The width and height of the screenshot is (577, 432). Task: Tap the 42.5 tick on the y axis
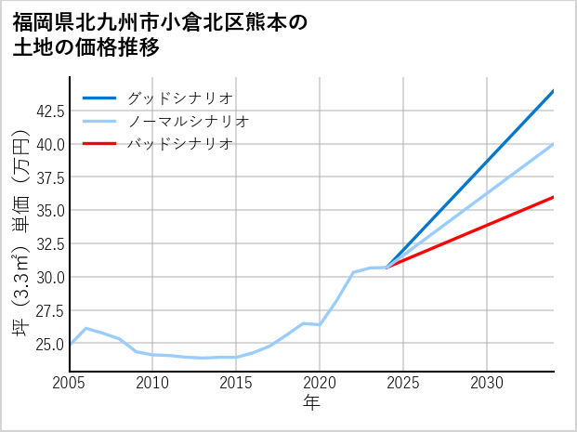point(48,111)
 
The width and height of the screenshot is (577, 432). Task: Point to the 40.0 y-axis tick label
point(48,144)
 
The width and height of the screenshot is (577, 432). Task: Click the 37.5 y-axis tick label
point(48,177)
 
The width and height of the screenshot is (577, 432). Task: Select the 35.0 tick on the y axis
point(48,210)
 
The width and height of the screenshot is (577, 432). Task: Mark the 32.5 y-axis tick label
point(48,243)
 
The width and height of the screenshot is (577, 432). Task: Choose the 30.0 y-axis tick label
point(48,277)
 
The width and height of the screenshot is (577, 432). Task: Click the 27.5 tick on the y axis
point(48,310)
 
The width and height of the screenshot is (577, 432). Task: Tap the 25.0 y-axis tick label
point(48,344)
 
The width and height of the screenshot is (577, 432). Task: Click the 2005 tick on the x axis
point(70,383)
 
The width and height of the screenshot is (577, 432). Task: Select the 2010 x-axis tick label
point(153,383)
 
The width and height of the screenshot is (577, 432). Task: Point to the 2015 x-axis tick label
point(236,383)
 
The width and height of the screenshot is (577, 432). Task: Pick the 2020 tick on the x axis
point(320,383)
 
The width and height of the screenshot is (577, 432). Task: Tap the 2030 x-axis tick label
point(487,383)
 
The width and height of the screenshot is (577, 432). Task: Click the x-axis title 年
point(312,403)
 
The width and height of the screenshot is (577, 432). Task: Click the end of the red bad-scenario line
point(553,197)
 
